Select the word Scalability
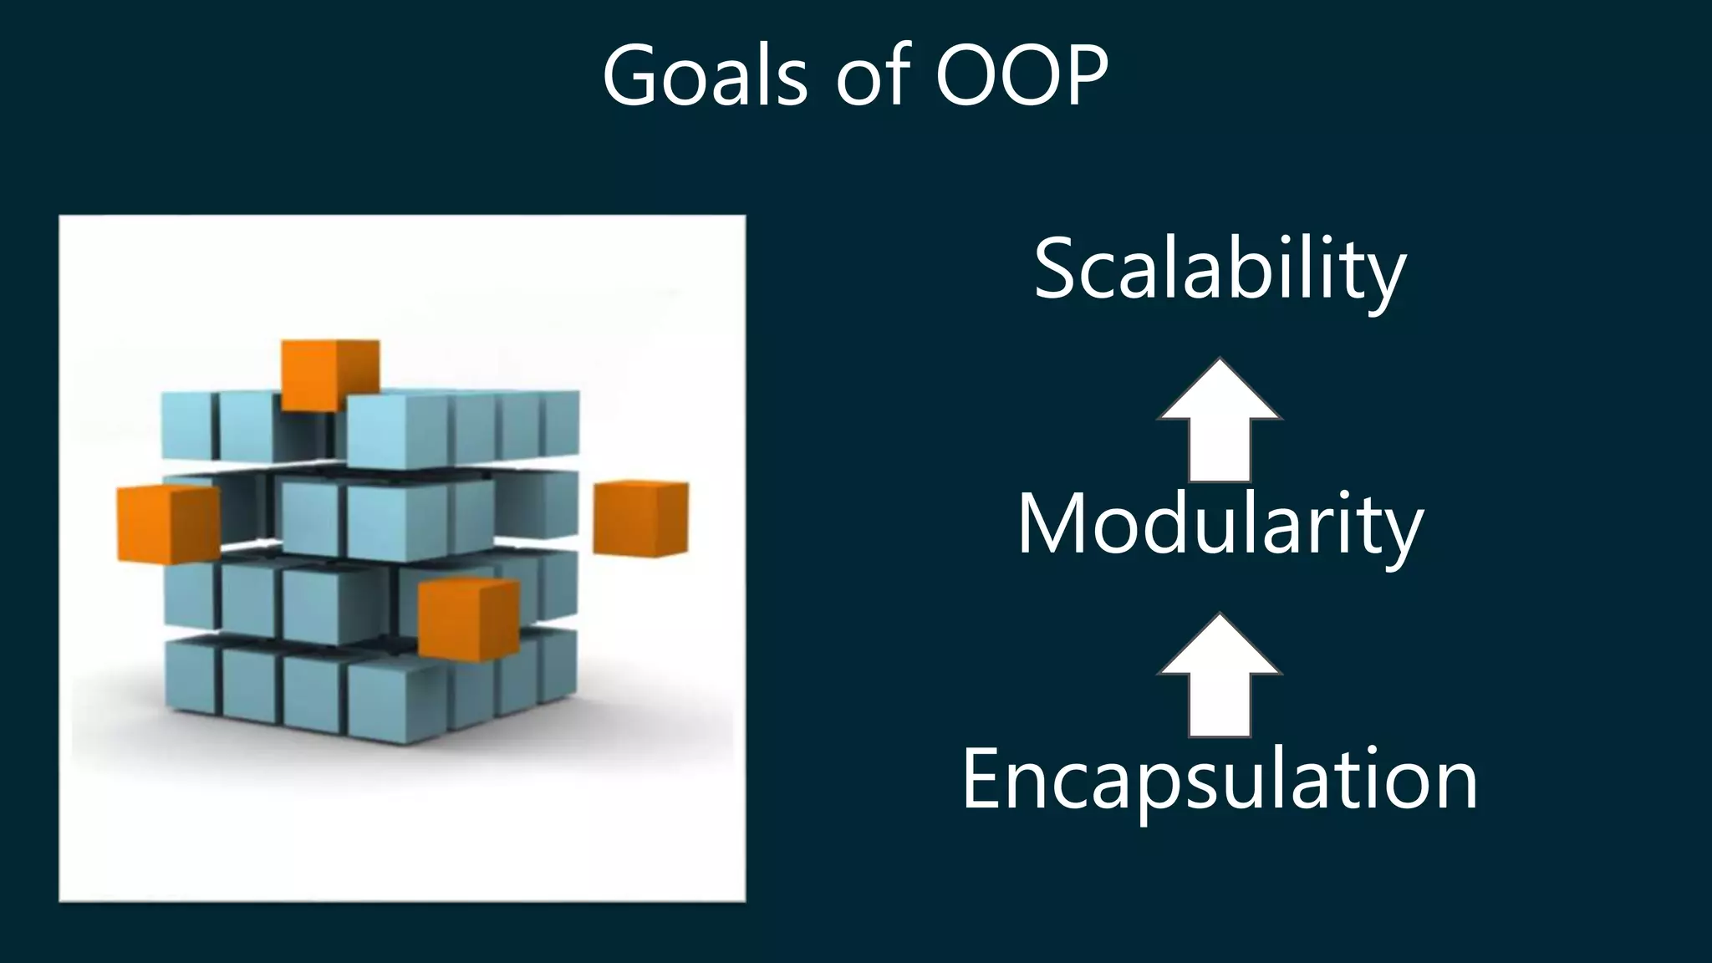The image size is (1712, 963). (x=1220, y=269)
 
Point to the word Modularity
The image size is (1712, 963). (x=1220, y=524)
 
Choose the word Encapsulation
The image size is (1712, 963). (x=1220, y=779)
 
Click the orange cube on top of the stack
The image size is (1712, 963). (x=329, y=374)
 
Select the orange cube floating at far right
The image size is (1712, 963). (x=641, y=518)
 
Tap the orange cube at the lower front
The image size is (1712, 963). (x=467, y=619)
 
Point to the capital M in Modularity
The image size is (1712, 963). (x=1051, y=524)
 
